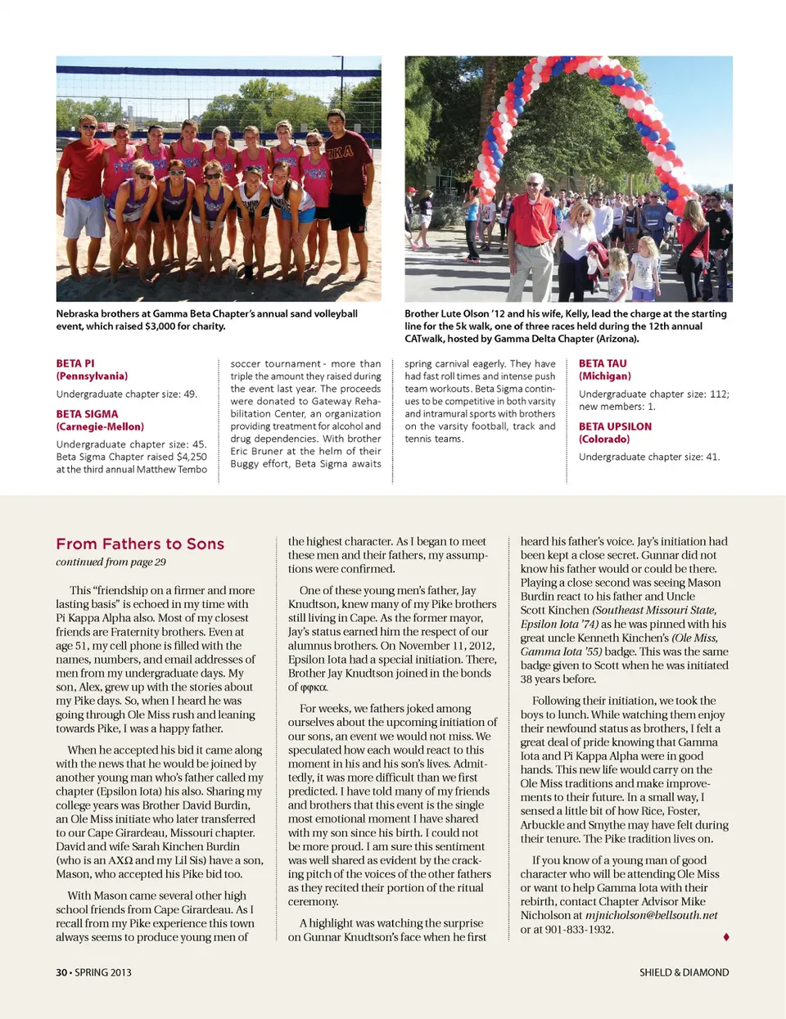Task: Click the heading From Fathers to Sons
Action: coord(140,544)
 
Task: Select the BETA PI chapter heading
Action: coord(75,363)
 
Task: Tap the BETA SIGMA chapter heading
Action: coord(87,414)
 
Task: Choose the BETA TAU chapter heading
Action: coord(603,363)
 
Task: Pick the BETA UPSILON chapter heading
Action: coord(615,426)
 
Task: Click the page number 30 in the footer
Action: coord(61,972)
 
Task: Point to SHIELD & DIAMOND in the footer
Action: coord(684,972)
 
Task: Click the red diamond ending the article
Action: coord(726,936)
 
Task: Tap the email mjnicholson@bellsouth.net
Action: coord(652,915)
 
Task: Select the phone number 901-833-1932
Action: coord(578,929)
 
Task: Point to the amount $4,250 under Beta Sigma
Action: coord(192,457)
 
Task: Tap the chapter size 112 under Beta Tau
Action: coord(718,395)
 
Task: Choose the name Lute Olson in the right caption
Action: coord(471,313)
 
